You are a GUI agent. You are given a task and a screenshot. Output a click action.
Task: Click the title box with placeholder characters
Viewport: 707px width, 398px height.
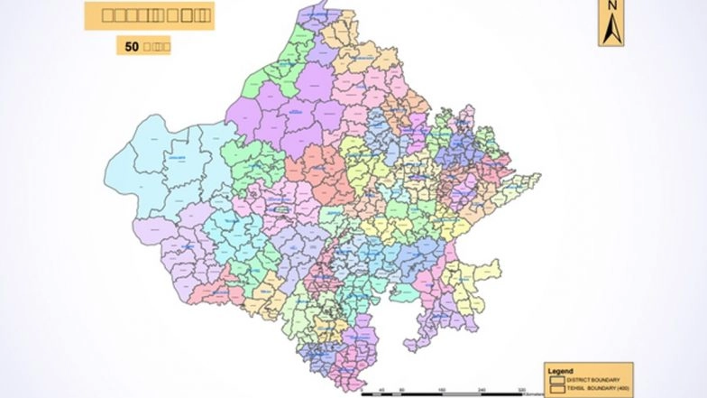coord(149,15)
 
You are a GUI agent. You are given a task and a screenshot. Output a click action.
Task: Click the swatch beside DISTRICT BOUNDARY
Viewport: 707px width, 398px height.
coord(557,379)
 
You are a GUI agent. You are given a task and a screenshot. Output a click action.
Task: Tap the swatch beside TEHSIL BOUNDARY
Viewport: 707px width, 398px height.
coord(557,387)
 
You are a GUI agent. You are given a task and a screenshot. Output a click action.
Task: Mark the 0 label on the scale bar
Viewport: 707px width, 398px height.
coord(363,389)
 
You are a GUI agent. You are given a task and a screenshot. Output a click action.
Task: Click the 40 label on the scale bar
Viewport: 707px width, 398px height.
coord(382,389)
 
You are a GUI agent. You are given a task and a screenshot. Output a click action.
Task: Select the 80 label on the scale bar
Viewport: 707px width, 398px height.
coord(402,389)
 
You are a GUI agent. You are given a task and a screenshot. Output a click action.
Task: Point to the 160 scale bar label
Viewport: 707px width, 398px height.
coord(442,389)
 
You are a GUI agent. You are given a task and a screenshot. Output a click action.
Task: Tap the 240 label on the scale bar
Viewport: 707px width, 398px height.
coord(482,389)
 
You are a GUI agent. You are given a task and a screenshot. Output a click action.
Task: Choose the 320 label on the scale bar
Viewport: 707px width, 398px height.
coord(522,389)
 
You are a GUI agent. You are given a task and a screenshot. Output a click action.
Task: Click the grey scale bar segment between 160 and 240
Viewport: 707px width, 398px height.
coord(462,394)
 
